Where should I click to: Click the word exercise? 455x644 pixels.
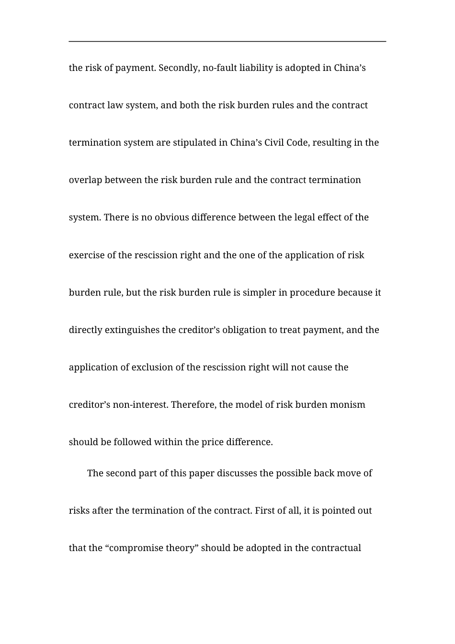[86, 255]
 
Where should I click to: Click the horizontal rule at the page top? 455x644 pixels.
[227, 42]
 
